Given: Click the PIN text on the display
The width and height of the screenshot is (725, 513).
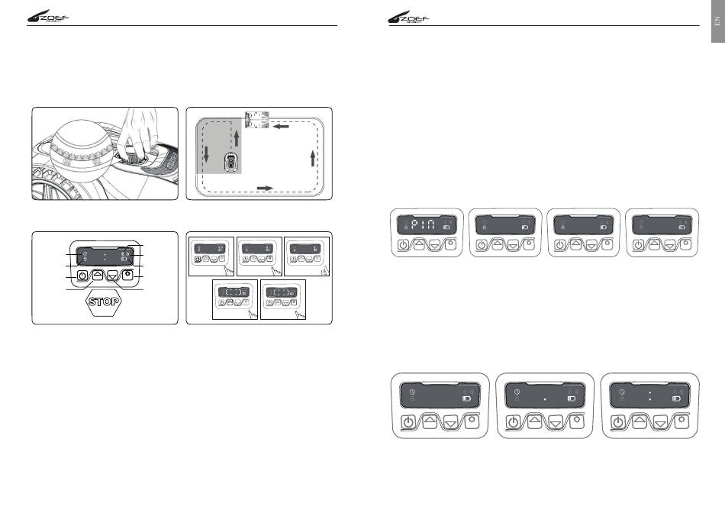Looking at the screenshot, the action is (422, 224).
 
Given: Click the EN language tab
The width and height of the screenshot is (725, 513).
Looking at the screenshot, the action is (717, 22).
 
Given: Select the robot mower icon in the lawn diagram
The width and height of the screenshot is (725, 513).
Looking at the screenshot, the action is (229, 163).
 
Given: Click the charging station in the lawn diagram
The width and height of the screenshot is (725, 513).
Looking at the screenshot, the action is (257, 120).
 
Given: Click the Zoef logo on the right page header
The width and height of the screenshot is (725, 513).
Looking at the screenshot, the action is (410, 18).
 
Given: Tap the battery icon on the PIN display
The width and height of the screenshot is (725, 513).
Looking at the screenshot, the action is (445, 227).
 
